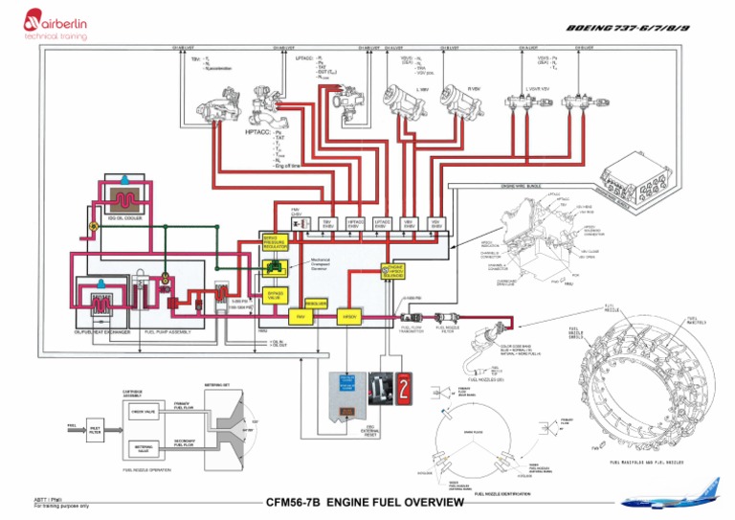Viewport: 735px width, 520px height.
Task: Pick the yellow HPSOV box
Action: [348, 315]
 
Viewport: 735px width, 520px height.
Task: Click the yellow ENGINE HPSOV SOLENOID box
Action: [394, 272]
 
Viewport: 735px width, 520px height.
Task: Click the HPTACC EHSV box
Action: [355, 222]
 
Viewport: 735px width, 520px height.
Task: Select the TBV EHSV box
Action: [327, 222]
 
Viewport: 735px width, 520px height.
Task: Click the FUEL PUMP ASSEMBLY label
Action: [167, 332]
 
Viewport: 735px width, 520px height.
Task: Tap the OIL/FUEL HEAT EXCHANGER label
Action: [101, 332]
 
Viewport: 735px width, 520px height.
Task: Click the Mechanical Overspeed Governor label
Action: [326, 263]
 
